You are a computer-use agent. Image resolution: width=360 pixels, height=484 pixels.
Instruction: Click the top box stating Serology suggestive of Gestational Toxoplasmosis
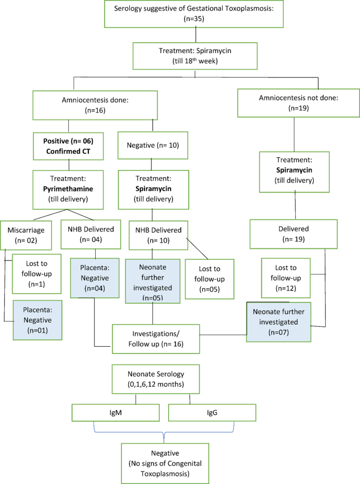(x=196, y=14)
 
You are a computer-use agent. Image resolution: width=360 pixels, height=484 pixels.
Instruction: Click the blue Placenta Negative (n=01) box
(x=34, y=321)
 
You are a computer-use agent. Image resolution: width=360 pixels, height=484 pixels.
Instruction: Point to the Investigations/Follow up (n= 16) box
(x=156, y=339)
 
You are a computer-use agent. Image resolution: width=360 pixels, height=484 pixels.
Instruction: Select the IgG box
(x=212, y=412)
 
